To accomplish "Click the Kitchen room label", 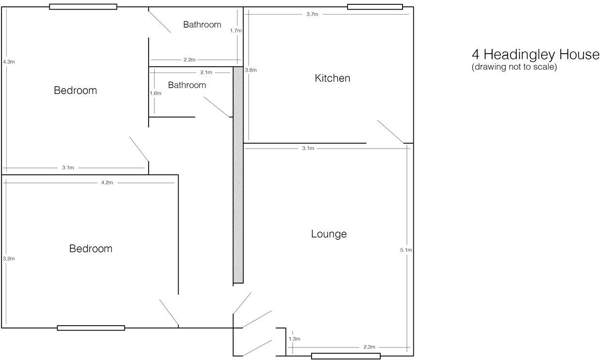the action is [x=332, y=78].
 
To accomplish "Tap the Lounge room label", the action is [x=329, y=234].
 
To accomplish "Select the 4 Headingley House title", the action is [x=535, y=54].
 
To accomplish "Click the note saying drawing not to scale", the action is [x=514, y=67].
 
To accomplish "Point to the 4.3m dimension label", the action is [x=9, y=62].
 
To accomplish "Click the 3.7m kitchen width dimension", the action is [x=312, y=14].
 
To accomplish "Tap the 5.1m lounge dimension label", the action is [x=406, y=250].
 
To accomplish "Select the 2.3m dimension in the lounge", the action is [x=369, y=347].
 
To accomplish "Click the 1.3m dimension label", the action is [x=294, y=339].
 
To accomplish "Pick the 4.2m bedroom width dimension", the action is [x=107, y=182].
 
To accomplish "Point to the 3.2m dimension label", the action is [x=9, y=259].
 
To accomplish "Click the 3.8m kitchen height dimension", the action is [x=251, y=70].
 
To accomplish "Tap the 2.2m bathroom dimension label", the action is [x=189, y=60].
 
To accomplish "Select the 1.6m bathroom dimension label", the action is [x=155, y=93].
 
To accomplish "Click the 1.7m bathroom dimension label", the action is [x=236, y=30].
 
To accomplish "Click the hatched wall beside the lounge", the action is [x=238, y=174].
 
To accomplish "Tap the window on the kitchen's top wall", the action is [x=375, y=7].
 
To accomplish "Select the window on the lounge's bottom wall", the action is [x=345, y=356].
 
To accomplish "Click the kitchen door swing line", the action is [x=390, y=132].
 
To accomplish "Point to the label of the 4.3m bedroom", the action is [x=75, y=90].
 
